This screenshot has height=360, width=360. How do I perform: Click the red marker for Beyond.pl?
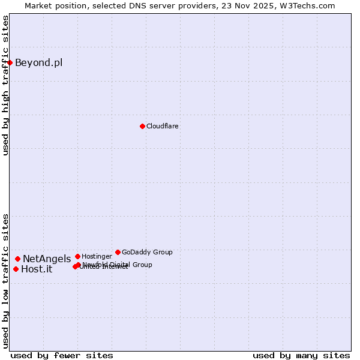click(10, 62)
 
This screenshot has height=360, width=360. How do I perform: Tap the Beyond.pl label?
click(38, 63)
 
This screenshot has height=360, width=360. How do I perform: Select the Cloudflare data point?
click(142, 126)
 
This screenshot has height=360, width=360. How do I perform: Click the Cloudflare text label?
click(162, 126)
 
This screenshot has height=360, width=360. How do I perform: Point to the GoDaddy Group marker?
click(118, 252)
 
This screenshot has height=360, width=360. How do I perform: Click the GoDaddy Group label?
click(147, 252)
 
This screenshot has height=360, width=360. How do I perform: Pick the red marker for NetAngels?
click(17, 259)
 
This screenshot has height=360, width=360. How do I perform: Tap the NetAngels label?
click(47, 259)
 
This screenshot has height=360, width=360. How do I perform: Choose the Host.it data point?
click(16, 269)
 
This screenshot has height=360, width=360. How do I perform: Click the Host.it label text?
click(37, 269)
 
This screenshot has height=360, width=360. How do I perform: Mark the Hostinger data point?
click(77, 256)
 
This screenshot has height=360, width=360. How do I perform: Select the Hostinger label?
click(97, 256)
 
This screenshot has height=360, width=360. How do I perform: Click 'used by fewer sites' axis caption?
click(62, 355)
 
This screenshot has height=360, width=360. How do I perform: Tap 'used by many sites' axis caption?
click(301, 355)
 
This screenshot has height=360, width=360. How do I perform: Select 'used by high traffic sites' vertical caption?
click(5, 85)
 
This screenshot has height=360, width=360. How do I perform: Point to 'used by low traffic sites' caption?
click(5, 281)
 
